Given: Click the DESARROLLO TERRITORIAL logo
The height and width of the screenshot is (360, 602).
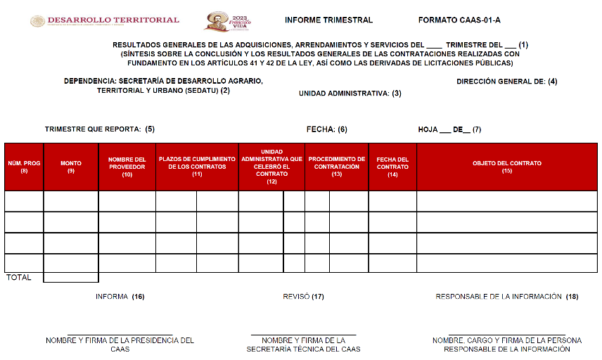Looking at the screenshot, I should (105, 21).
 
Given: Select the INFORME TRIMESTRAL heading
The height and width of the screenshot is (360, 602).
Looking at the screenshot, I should (329, 20).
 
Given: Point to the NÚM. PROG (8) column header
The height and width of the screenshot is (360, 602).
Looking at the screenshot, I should (24, 167).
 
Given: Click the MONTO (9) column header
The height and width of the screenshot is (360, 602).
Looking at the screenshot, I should (71, 167).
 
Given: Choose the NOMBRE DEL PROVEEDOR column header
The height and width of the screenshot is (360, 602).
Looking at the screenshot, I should (127, 167).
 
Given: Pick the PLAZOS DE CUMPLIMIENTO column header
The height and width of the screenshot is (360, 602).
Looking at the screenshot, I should (197, 167).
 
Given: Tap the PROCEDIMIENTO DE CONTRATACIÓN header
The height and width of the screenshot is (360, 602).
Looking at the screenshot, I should (337, 167).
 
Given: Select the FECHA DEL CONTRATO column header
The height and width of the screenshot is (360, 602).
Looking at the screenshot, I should (392, 167).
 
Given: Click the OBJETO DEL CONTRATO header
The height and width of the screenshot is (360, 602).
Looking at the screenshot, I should (507, 167).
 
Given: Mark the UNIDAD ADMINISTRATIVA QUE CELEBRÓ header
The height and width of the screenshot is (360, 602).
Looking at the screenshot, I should (271, 167).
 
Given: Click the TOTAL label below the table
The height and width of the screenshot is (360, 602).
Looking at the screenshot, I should (19, 278).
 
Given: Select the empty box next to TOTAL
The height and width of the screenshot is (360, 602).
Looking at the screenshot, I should (71, 277).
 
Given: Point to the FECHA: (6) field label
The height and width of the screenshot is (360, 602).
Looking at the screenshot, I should (327, 129).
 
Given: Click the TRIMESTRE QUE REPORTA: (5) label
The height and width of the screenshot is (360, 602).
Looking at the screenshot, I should (100, 129).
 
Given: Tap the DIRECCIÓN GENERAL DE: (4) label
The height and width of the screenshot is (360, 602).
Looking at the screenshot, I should (507, 82).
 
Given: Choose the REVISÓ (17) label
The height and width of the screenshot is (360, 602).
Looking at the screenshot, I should (303, 297).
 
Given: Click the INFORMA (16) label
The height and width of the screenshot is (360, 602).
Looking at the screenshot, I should (120, 297).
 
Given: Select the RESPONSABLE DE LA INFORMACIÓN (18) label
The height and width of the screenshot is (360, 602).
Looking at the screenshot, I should (506, 297).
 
